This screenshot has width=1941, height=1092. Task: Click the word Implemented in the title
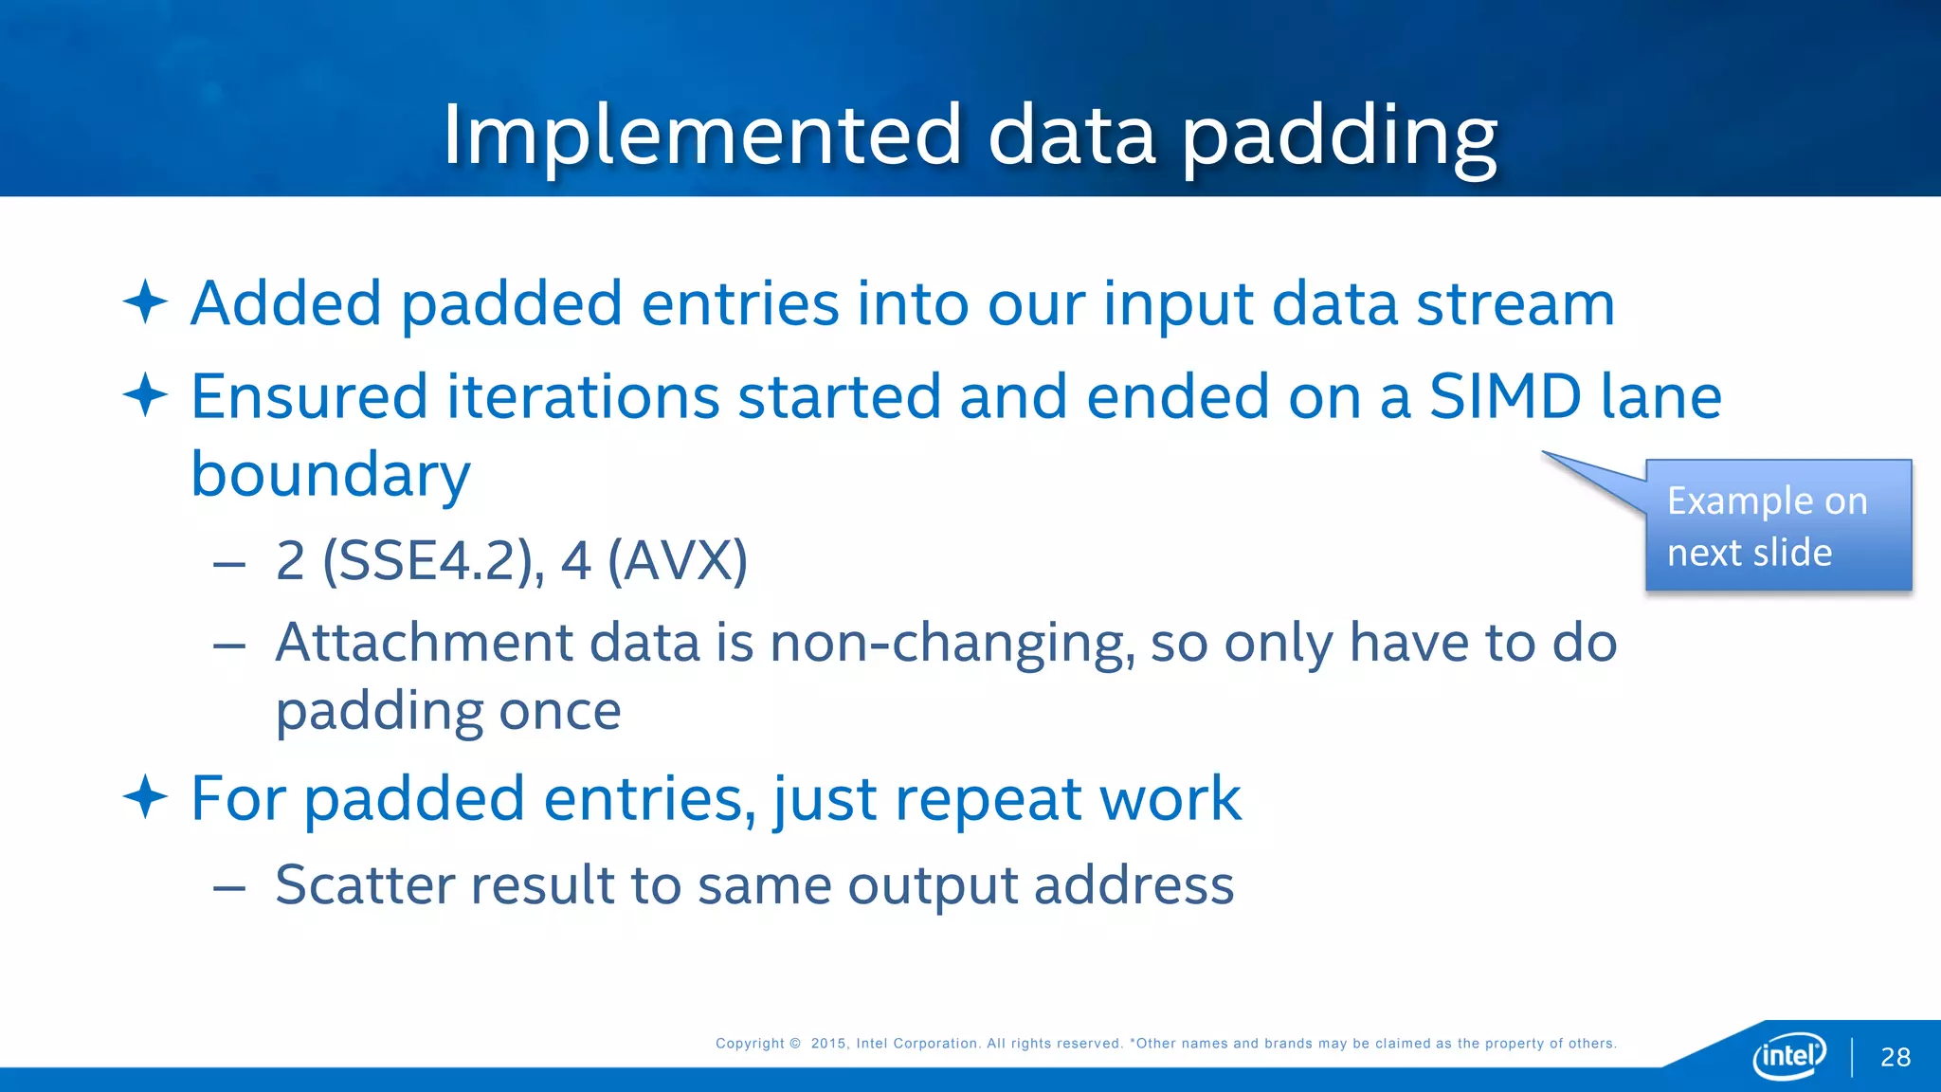(702, 136)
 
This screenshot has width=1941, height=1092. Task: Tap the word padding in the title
(1338, 138)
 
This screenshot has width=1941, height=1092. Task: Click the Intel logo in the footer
(1788, 1055)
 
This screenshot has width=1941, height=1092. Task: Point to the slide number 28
(1895, 1057)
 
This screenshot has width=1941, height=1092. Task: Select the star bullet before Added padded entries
(145, 302)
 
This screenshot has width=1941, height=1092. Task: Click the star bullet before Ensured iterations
(145, 394)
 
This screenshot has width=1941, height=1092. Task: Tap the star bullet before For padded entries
(145, 796)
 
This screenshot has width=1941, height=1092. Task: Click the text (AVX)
(677, 560)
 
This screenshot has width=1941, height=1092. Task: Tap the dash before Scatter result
(229, 888)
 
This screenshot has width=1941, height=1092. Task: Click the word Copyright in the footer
(750, 1044)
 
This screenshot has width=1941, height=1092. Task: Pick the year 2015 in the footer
(828, 1044)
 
